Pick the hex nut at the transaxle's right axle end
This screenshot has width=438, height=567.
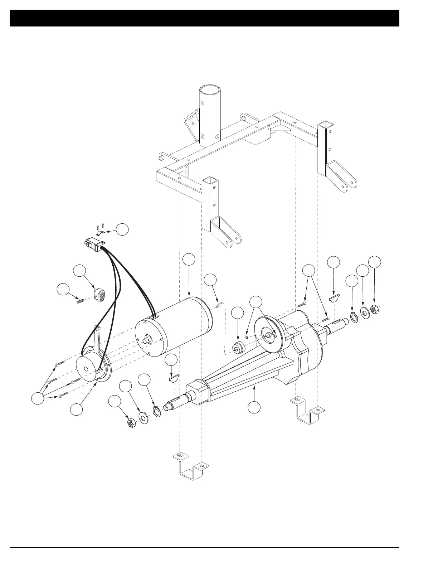(x=375, y=308)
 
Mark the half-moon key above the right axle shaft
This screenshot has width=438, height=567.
(x=334, y=298)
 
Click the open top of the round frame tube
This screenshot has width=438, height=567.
(x=210, y=90)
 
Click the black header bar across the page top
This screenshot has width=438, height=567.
(x=204, y=18)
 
